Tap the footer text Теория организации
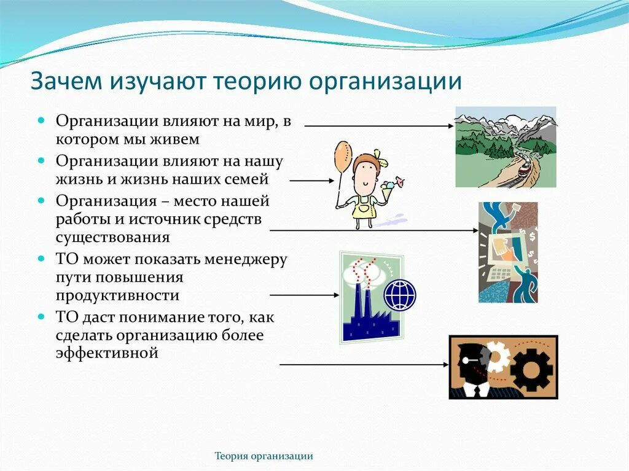264,456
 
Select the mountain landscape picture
505,147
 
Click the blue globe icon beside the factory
400,295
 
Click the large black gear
531,368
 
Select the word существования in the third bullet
112,237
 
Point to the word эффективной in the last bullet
107,353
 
